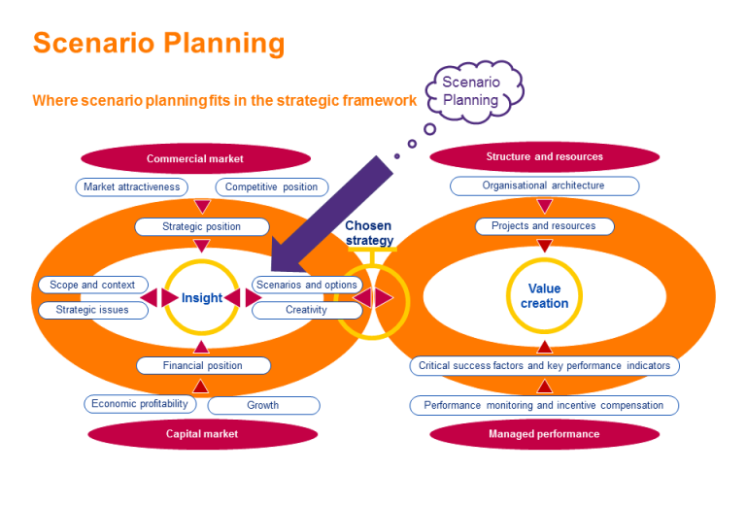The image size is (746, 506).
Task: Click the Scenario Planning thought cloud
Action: click(x=475, y=92)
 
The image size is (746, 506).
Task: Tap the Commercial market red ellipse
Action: click(x=195, y=158)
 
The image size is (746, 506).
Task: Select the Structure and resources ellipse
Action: click(x=544, y=156)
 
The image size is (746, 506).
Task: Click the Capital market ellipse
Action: click(x=202, y=434)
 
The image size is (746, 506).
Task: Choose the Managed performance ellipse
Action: click(x=544, y=434)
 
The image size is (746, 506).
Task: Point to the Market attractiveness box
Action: click(x=132, y=186)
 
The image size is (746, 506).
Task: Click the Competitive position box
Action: click(x=272, y=186)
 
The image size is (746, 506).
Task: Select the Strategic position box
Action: click(x=202, y=226)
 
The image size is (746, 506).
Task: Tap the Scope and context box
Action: click(x=93, y=285)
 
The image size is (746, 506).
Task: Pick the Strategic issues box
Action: click(x=93, y=310)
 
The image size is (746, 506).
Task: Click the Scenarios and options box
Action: click(x=307, y=285)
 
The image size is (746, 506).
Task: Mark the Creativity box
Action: click(x=307, y=310)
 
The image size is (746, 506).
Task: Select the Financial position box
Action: click(x=203, y=366)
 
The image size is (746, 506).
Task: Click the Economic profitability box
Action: click(x=140, y=404)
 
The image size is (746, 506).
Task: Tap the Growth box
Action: click(x=263, y=405)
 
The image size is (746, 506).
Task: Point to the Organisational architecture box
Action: click(x=544, y=186)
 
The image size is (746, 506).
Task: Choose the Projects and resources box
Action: click(x=544, y=226)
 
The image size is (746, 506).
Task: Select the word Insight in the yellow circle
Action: click(x=202, y=298)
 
